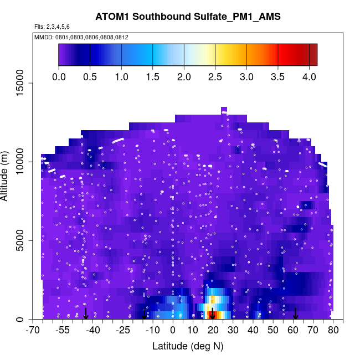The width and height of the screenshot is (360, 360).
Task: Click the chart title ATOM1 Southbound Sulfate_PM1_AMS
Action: click(x=188, y=16)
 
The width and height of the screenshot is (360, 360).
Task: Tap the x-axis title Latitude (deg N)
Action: click(x=188, y=346)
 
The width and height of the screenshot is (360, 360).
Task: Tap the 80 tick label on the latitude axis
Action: click(x=333, y=331)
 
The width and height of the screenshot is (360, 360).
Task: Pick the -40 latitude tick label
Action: click(x=92, y=331)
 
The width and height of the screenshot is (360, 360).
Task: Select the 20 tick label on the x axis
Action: click(x=213, y=331)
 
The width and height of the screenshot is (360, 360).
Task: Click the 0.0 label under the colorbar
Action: click(x=59, y=76)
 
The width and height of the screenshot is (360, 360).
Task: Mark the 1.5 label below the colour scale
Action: click(x=153, y=76)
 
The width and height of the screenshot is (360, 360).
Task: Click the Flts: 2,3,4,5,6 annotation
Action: click(x=52, y=27)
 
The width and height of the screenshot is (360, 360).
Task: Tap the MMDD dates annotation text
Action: click(x=81, y=37)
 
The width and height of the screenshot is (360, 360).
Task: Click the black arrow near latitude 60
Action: click(x=295, y=313)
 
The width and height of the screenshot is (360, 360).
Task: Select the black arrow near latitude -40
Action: click(x=86, y=313)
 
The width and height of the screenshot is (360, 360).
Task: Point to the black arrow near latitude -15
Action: click(x=144, y=313)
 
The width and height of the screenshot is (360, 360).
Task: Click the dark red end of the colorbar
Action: click(x=313, y=55)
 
